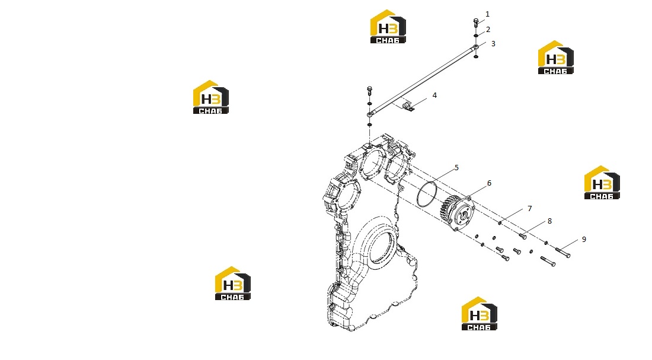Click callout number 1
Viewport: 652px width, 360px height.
click(x=487, y=14)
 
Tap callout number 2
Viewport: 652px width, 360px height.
click(x=488, y=30)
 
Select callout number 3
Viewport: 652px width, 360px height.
click(x=493, y=44)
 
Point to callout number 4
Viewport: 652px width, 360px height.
click(x=434, y=95)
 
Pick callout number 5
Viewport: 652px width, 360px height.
click(x=456, y=168)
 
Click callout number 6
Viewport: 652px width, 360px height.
click(x=489, y=183)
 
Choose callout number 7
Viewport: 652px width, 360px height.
click(x=530, y=209)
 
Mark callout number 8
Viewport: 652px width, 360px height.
click(x=549, y=221)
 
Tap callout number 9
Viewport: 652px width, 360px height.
click(x=584, y=239)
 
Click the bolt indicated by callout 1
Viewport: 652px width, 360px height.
click(x=476, y=23)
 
